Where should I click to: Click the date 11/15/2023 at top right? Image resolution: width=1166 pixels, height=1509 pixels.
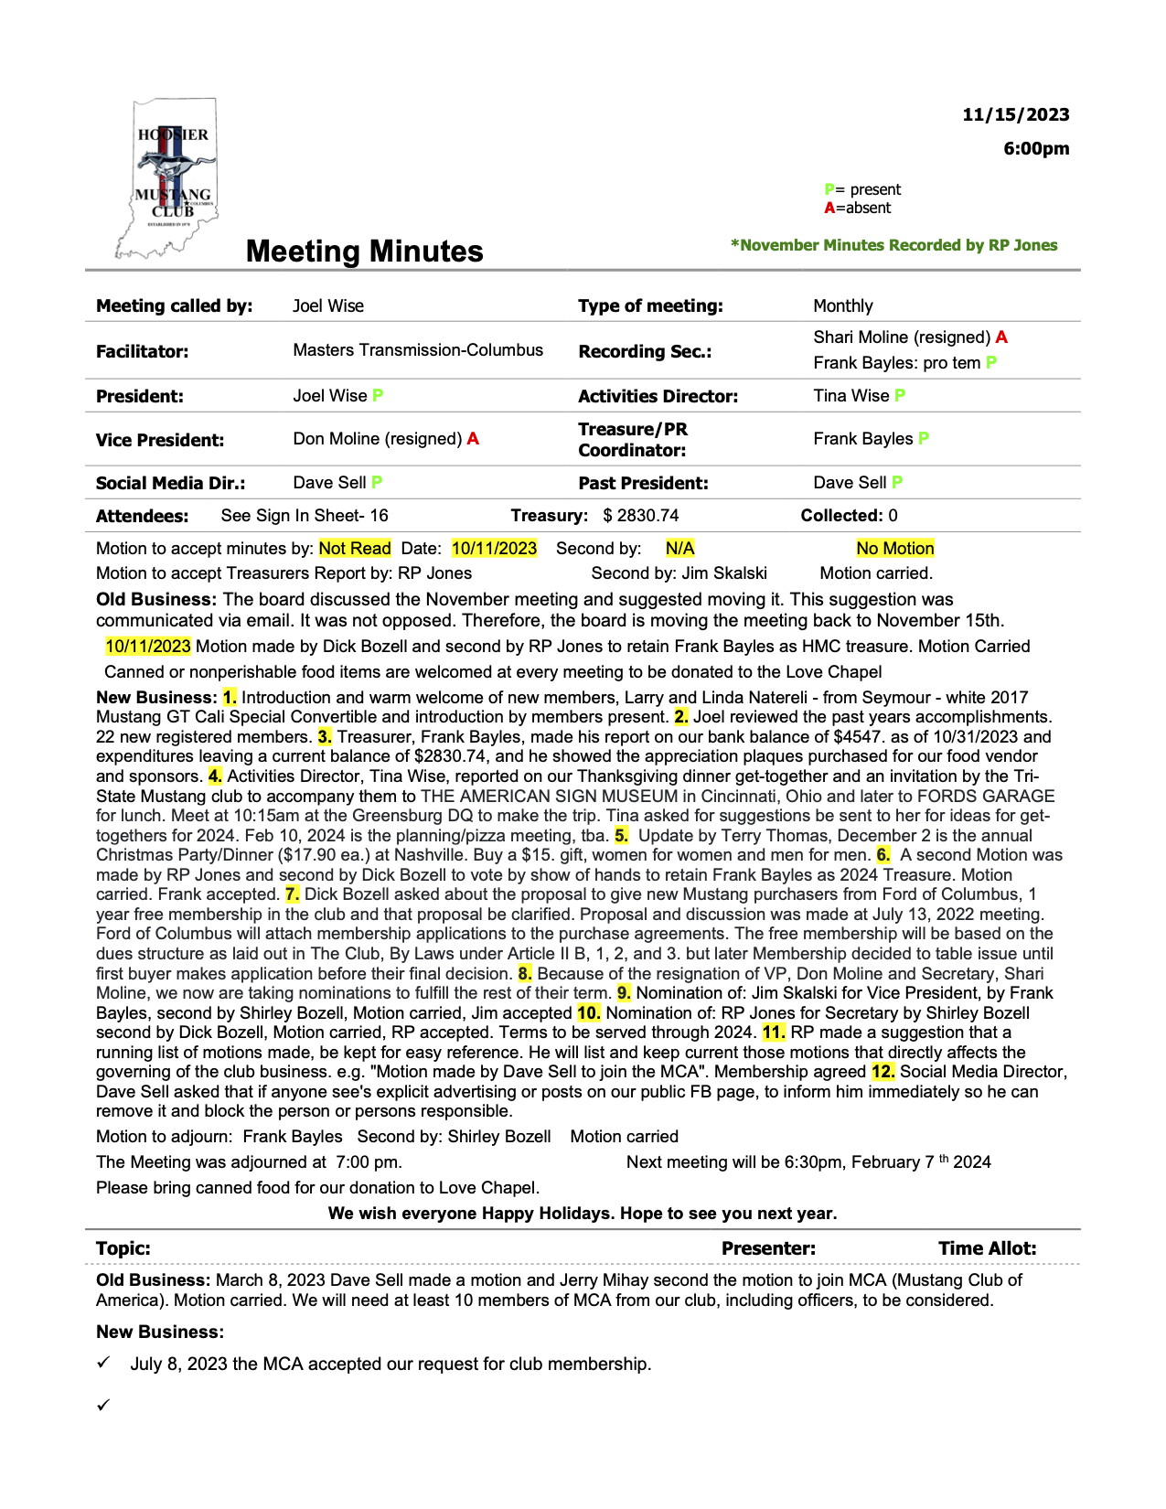tap(1015, 114)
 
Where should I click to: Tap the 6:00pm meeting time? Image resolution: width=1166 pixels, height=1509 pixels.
tap(1035, 148)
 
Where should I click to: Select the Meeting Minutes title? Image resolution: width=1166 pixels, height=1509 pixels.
tap(364, 251)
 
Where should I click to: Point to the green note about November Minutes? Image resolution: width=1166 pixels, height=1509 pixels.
tap(893, 245)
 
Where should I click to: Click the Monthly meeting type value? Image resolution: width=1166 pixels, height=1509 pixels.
tap(842, 305)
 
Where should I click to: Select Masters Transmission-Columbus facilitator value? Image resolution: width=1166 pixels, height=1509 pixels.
tap(418, 350)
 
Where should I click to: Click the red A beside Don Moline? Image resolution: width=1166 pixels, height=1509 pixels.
tap(473, 439)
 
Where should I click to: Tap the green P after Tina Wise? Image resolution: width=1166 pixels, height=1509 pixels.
tap(900, 396)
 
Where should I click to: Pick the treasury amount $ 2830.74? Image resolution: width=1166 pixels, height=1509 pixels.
tap(640, 516)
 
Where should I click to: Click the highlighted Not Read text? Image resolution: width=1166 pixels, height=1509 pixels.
tap(355, 549)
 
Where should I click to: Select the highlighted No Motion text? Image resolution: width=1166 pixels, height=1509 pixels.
tap(894, 549)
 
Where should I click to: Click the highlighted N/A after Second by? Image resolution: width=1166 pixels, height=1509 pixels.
tap(679, 549)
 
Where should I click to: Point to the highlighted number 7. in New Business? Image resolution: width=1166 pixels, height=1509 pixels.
tap(292, 894)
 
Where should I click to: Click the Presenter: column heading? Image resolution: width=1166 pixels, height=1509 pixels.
tap(768, 1248)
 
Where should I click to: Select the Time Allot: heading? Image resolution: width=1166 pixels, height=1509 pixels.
tap(987, 1248)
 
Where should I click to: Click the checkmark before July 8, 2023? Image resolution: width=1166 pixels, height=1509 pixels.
tap(103, 1363)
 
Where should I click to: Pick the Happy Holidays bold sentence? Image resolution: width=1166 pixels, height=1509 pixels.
tap(583, 1214)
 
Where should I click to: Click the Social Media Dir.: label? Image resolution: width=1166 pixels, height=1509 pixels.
tap(170, 483)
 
